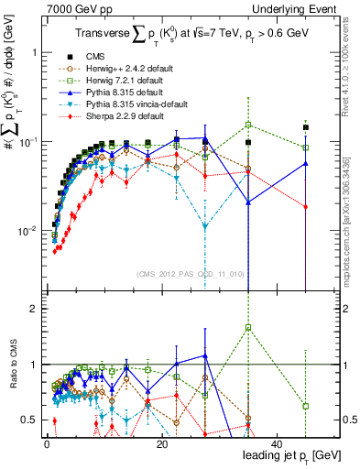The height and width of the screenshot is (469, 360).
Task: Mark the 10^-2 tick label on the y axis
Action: (x=27, y=231)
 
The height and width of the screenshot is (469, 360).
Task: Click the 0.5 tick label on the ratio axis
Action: (x=29, y=420)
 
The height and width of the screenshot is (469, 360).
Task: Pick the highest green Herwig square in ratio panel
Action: (x=248, y=327)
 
